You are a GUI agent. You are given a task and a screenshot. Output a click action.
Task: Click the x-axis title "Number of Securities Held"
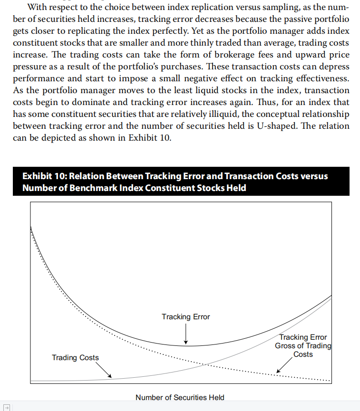coord(180,397)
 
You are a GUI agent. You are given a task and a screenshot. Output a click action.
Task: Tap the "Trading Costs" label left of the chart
coord(75,357)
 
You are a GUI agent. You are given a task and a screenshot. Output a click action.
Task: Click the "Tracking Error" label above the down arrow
coord(185,316)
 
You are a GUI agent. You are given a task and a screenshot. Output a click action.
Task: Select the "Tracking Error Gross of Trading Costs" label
coord(303,345)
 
